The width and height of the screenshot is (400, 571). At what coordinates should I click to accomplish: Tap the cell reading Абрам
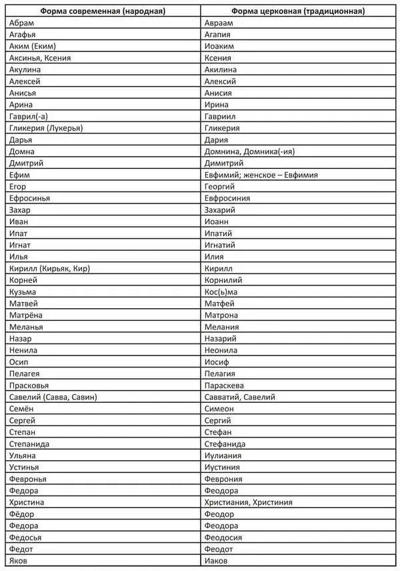(22, 23)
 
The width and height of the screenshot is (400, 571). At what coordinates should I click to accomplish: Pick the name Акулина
(25, 70)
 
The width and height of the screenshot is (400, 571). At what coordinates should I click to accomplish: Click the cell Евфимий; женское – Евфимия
(261, 175)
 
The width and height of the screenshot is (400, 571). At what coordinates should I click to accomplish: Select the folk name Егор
(20, 187)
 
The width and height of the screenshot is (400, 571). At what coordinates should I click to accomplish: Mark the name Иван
(19, 221)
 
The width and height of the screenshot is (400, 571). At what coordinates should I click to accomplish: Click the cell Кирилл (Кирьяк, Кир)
(50, 268)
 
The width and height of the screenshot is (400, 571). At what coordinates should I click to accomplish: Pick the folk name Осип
(19, 362)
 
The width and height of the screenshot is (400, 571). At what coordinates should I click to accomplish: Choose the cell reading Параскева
(224, 385)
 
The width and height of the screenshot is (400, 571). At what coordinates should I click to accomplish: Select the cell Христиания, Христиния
(248, 502)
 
